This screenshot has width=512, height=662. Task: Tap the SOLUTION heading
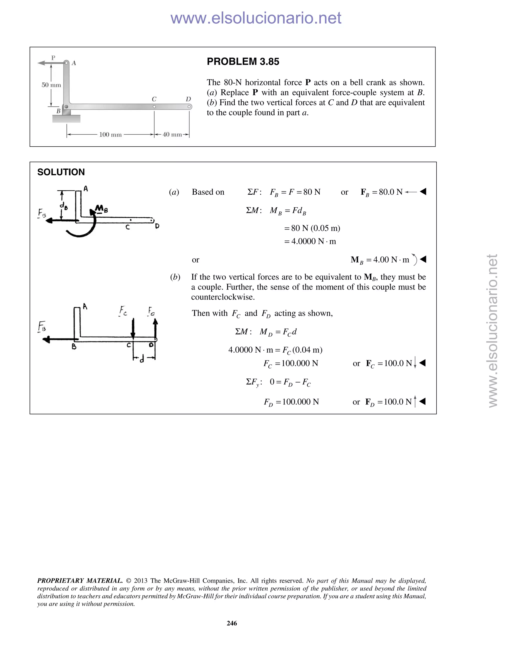61,172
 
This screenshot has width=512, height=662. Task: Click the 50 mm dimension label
51,85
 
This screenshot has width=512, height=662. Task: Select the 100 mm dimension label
110,135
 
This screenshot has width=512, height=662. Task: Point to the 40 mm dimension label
172,135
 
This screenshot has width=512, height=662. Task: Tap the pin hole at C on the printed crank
154,107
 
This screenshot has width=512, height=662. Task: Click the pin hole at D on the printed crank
189,107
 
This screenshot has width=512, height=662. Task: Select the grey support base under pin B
66,118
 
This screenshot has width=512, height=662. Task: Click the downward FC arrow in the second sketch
133,329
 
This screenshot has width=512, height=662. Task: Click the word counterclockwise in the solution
223,297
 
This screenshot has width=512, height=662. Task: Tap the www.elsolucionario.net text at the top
256,18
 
